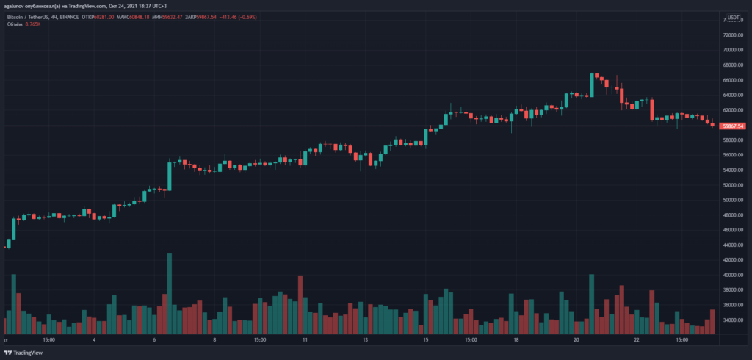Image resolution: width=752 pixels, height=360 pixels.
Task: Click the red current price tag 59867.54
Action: click(x=733, y=126)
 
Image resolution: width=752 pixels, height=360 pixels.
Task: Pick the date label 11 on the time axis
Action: click(x=303, y=341)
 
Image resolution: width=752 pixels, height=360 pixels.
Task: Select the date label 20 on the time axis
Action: click(x=577, y=341)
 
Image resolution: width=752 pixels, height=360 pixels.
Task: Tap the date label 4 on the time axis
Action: click(x=94, y=341)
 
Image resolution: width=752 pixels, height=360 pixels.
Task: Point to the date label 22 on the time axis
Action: click(x=638, y=341)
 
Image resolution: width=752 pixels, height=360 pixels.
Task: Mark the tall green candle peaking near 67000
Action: click(x=591, y=85)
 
